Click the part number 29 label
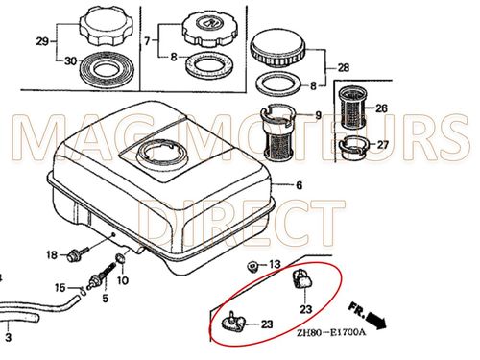42,41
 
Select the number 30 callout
71,60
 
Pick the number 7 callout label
147,41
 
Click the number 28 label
343,68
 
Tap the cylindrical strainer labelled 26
352,108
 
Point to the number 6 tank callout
299,185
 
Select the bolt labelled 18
77,253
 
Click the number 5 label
106,299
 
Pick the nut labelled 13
253,266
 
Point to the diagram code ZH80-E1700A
331,333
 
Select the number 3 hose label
9,337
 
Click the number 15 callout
60,288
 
